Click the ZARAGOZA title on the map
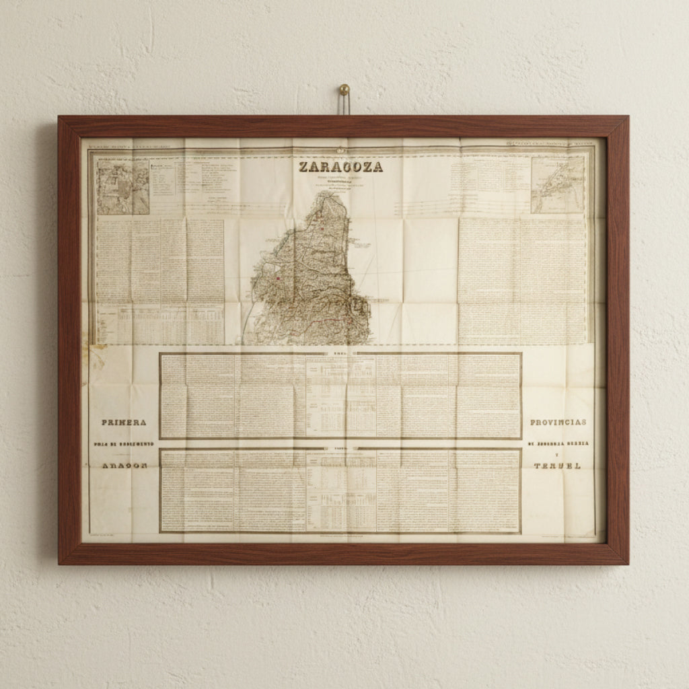point(340,167)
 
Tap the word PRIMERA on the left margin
point(124,423)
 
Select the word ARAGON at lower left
point(124,466)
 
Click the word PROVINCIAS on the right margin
point(558,423)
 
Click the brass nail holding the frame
point(344,89)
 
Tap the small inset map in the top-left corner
point(122,186)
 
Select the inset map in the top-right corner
point(557,184)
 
